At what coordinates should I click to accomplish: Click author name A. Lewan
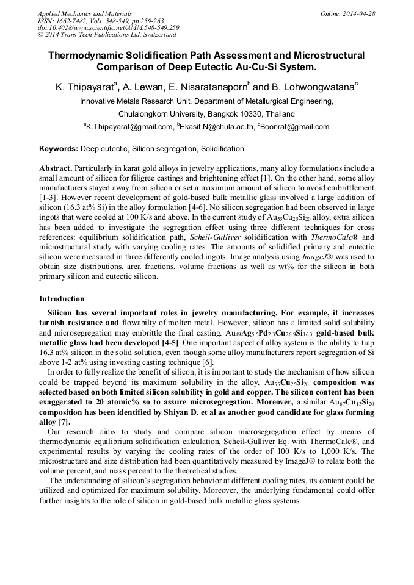click(x=143, y=88)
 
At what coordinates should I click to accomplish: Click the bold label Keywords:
click(x=59, y=149)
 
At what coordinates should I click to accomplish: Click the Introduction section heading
click(x=62, y=299)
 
